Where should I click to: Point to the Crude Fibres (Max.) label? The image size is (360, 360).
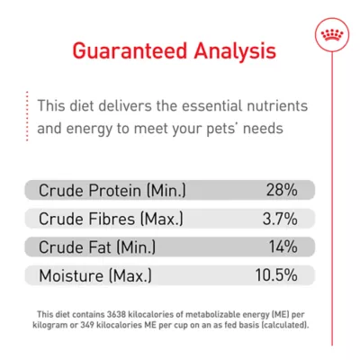click(x=111, y=219)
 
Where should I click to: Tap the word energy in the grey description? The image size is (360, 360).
click(x=88, y=128)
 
